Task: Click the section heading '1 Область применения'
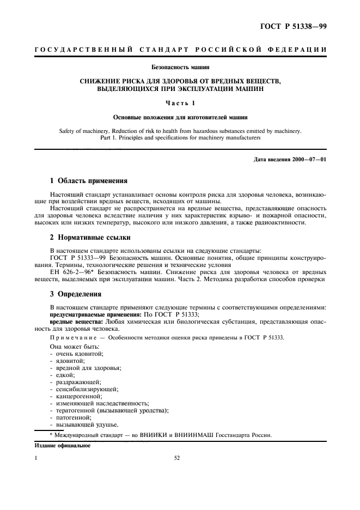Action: coord(89,180)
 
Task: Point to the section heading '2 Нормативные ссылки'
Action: coord(90,238)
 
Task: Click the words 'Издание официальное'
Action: coord(62,445)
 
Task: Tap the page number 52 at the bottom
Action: coord(177,459)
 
